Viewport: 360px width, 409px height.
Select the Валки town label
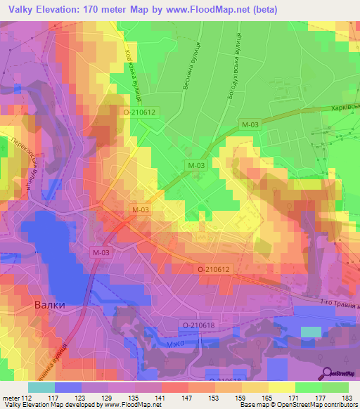[x=50, y=306]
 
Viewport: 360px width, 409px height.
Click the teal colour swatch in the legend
[x=41, y=387]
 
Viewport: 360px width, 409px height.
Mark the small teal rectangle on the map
[x=310, y=332]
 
